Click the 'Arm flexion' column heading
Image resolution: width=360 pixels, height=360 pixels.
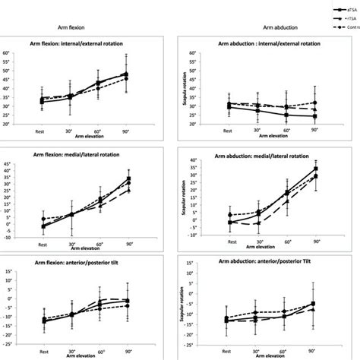pos(76,27)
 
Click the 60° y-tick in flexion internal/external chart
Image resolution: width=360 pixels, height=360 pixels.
pos(7,53)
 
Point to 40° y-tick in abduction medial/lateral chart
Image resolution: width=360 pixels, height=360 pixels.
pos(193,161)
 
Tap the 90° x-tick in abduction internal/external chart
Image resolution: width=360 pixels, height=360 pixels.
pos(314,130)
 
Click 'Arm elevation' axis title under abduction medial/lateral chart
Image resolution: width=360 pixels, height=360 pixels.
pos(271,249)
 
